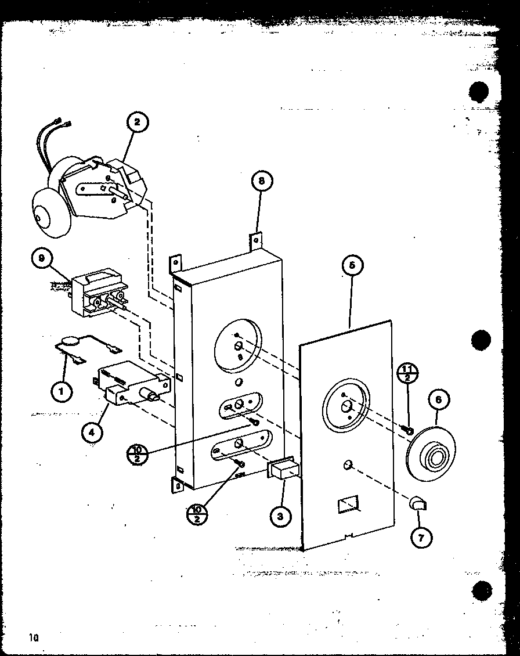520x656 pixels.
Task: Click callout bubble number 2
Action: tap(137, 122)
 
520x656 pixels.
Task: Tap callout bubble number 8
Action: tap(261, 181)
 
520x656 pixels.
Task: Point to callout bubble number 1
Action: tap(60, 391)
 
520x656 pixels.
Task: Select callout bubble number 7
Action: tap(421, 538)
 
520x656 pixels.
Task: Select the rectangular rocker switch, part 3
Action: tap(282, 469)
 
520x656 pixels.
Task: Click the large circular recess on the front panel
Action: tap(346, 406)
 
